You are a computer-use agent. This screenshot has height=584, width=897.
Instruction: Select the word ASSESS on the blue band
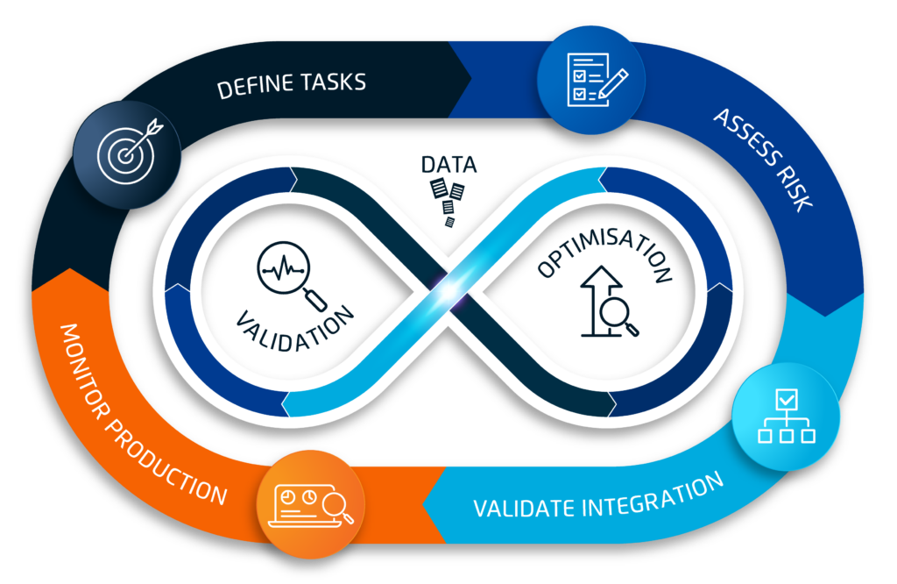(x=742, y=138)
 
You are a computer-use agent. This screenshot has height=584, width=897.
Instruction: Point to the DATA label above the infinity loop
(x=448, y=164)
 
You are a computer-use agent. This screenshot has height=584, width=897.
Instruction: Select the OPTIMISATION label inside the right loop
(x=604, y=254)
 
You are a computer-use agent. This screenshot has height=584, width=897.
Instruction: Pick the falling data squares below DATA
(x=449, y=200)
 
